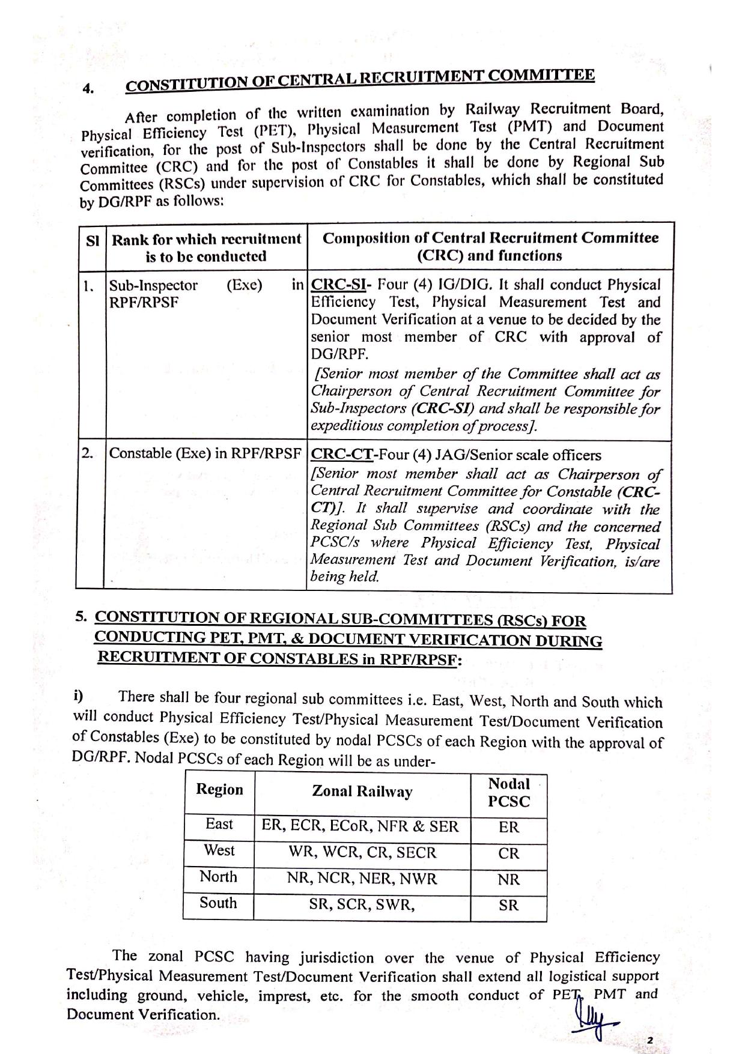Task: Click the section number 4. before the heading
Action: click(x=88, y=88)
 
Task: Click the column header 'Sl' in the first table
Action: click(x=92, y=241)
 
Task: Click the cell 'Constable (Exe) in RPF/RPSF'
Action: click(x=205, y=453)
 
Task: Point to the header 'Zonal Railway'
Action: click(x=362, y=792)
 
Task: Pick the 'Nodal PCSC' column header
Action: click(x=509, y=793)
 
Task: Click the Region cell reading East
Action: click(x=219, y=824)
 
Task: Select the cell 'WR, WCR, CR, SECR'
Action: click(x=362, y=853)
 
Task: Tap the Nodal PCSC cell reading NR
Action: click(x=508, y=880)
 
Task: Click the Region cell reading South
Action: click(x=218, y=903)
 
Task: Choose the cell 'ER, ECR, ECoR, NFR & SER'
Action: click(x=360, y=826)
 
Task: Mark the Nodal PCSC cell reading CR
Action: click(x=508, y=853)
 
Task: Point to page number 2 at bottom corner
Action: click(x=649, y=1040)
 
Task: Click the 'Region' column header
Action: click(x=219, y=789)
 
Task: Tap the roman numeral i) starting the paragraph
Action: click(x=78, y=696)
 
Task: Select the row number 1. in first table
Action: click(x=88, y=286)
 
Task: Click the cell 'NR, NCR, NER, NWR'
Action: click(x=362, y=879)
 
